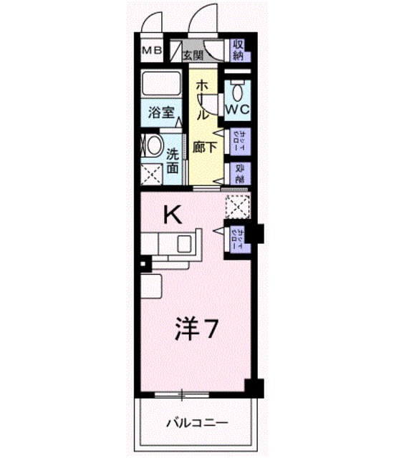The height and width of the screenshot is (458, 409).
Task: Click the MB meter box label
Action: coord(151,51)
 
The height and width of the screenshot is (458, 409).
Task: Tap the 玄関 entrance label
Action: coord(191,54)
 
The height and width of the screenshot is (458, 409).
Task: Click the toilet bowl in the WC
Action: coord(238,92)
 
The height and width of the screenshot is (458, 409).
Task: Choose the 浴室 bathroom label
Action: coord(162,112)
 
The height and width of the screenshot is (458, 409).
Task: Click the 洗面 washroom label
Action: coord(173,161)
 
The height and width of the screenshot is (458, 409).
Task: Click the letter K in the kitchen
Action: coord(172,213)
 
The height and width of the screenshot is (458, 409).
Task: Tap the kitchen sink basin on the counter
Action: coord(184,243)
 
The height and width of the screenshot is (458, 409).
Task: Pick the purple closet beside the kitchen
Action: coord(238,238)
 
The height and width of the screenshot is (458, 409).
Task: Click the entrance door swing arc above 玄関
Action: coord(203,17)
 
